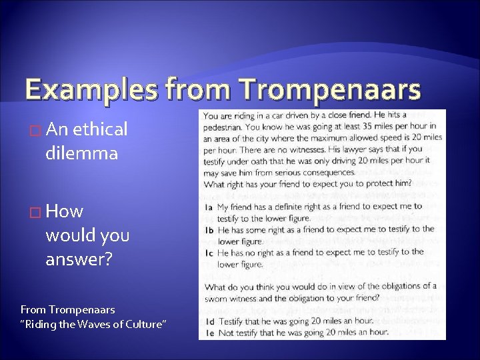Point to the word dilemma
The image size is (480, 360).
(82, 154)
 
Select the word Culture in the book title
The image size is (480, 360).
(145, 324)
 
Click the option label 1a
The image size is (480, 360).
(208, 207)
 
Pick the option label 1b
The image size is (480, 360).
(208, 230)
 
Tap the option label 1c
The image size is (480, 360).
(208, 253)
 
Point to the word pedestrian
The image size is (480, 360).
(225, 125)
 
